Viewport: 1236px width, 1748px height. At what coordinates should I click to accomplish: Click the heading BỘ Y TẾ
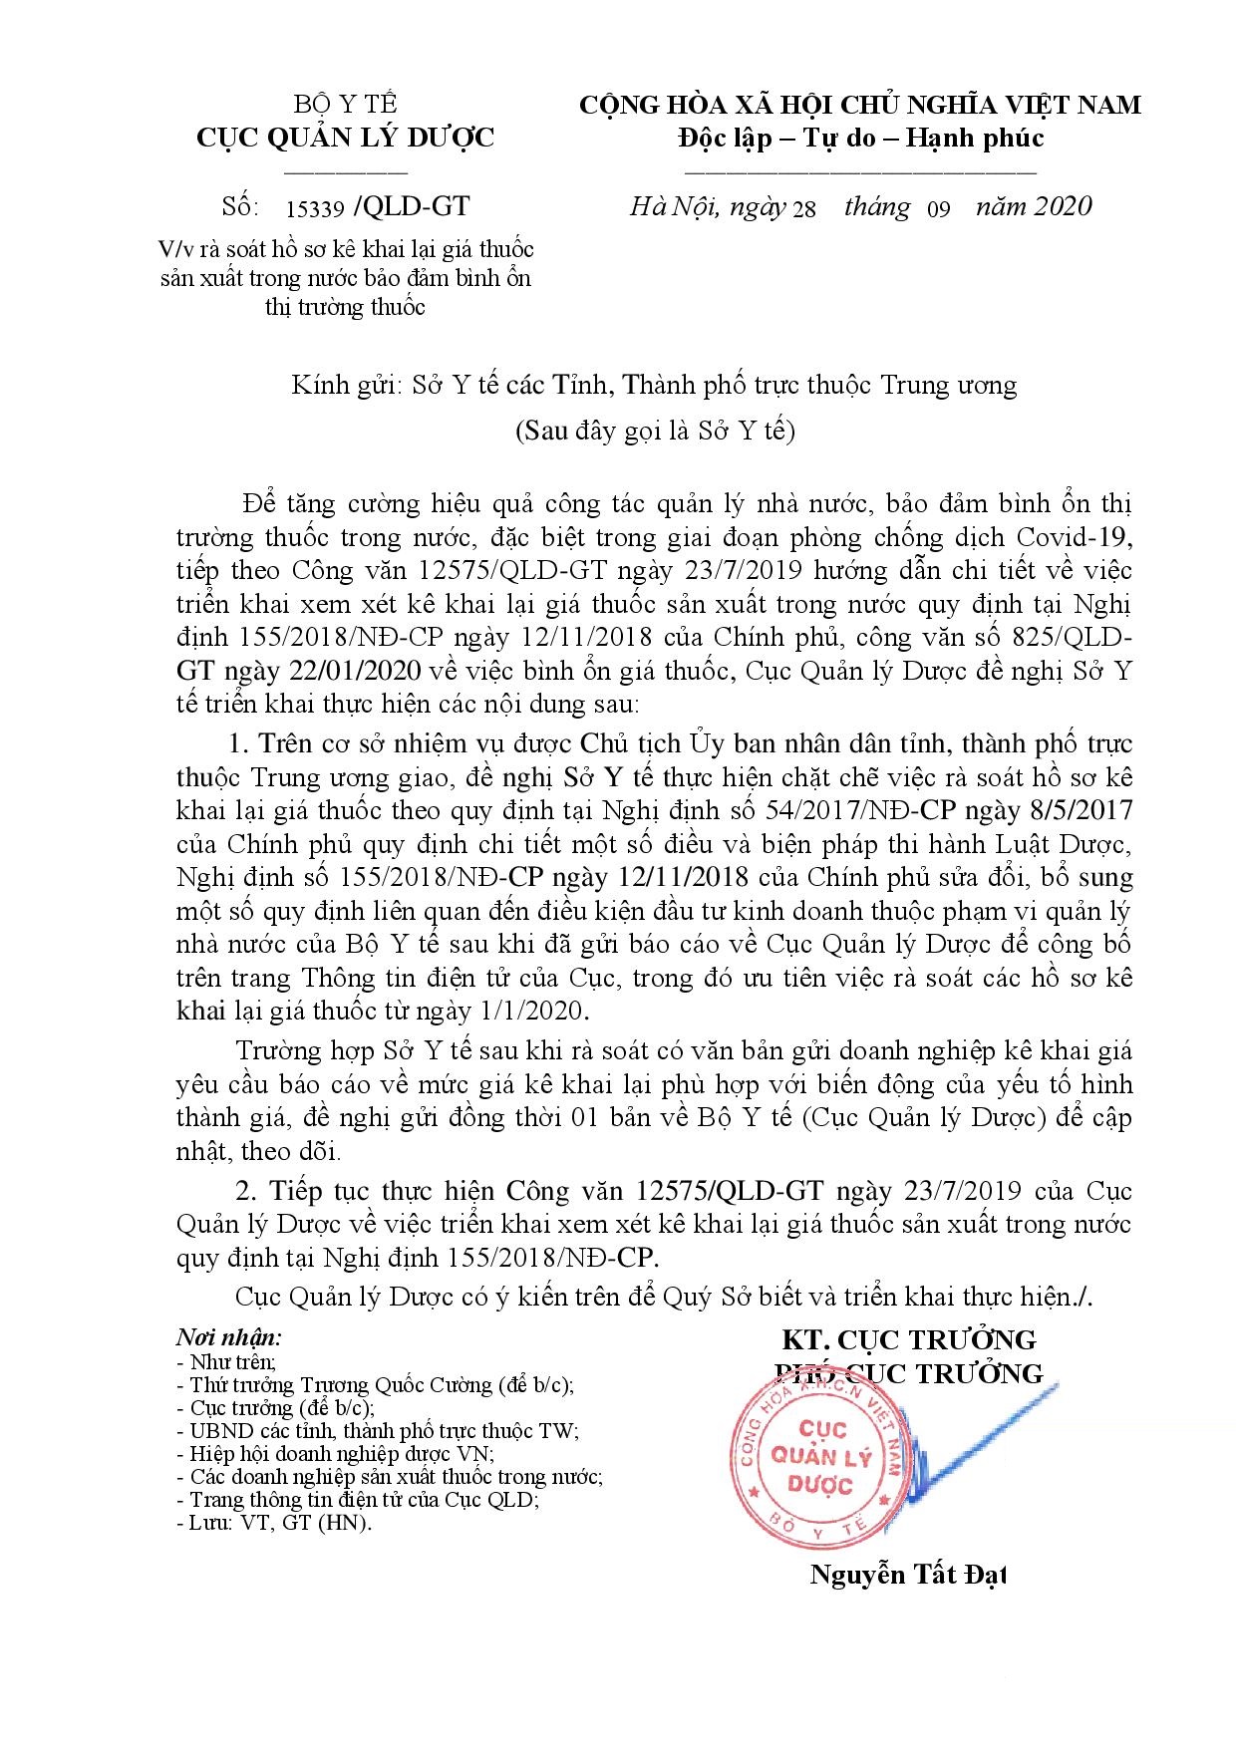coord(345,104)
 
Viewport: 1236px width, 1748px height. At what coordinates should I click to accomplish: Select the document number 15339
coord(314,208)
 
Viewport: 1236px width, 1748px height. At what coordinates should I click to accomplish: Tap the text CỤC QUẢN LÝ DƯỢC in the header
coord(345,137)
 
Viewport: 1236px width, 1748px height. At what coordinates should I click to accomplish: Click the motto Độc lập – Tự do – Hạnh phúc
coord(858,137)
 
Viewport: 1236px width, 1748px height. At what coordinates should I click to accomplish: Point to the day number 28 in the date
coord(802,208)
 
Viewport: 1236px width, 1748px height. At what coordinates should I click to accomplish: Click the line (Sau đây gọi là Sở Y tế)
coord(655,432)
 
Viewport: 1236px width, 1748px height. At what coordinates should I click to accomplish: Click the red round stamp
coord(821,1457)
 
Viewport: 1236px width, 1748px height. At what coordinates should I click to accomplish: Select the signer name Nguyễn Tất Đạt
coord(907,1575)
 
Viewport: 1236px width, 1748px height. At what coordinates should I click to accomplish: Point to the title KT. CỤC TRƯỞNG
coord(908,1338)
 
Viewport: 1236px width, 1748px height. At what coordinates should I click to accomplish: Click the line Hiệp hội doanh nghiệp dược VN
coord(341,1454)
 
